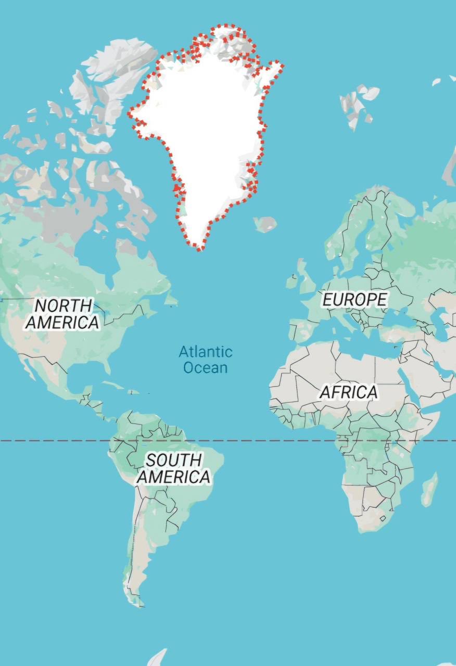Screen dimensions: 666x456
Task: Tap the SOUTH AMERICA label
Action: coord(174,468)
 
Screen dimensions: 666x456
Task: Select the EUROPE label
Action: coord(354,300)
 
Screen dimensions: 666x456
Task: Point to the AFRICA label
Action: coord(348,392)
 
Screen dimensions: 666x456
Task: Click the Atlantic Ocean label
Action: coord(206,360)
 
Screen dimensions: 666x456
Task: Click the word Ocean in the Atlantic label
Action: coord(206,368)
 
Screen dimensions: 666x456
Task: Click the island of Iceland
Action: coord(265,224)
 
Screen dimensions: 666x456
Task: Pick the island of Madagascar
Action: coord(429,490)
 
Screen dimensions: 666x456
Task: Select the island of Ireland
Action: coord(292,282)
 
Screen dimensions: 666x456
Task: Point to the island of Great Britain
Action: coord(304,276)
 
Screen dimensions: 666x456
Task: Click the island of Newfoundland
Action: coord(170,299)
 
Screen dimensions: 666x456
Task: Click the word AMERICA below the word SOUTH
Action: coord(174,477)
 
